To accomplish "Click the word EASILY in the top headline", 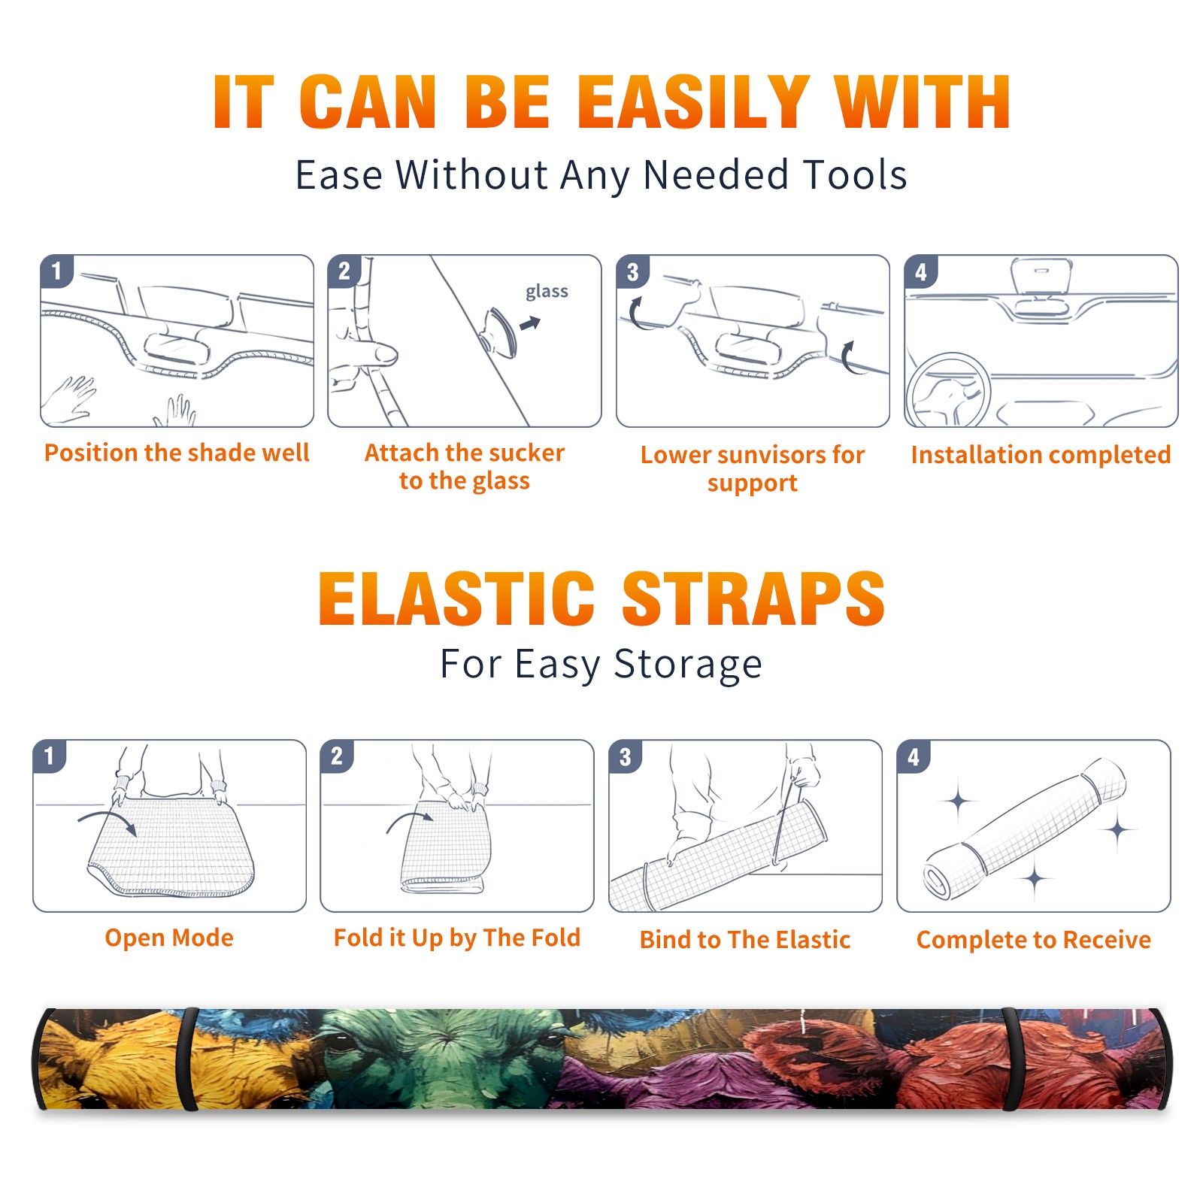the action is point(693,102).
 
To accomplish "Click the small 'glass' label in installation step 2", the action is point(547,292).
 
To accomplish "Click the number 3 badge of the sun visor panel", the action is point(632,272).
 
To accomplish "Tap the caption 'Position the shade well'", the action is point(177,453).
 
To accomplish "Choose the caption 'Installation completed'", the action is point(1041,455).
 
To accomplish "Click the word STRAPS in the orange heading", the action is point(753,598).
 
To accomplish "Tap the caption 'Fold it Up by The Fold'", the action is point(457,938).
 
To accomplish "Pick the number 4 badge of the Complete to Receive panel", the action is point(914,756).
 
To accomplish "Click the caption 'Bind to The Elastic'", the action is point(745,940).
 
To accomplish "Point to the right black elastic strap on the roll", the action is point(1010,1059).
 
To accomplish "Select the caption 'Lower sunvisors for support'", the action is point(753,468).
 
